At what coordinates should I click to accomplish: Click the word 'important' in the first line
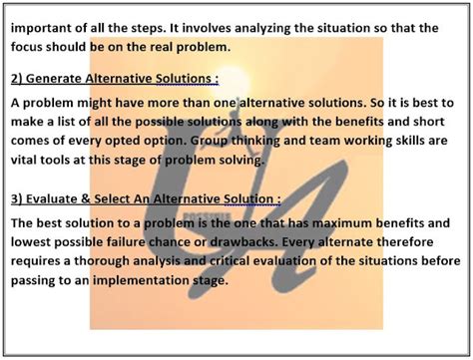(x=46, y=28)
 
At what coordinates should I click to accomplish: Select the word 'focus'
(x=31, y=46)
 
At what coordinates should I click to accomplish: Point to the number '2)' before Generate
(x=20, y=79)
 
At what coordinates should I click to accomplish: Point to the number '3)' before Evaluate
(x=20, y=197)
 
